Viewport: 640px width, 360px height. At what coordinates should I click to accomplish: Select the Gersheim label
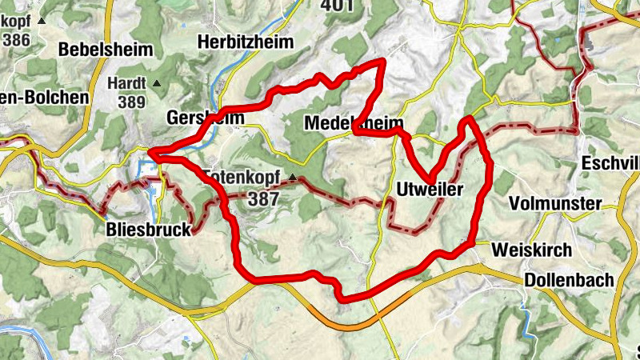pyautogui.click(x=193, y=118)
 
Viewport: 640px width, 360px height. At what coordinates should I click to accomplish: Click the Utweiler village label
pyautogui.click(x=430, y=189)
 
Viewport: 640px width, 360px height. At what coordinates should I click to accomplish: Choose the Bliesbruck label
pyautogui.click(x=149, y=230)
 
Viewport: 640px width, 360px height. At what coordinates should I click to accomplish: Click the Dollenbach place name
pyautogui.click(x=570, y=280)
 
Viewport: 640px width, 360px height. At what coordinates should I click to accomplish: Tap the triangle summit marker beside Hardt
pyautogui.click(x=157, y=82)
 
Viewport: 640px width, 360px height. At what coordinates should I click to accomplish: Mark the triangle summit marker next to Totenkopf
pyautogui.click(x=294, y=178)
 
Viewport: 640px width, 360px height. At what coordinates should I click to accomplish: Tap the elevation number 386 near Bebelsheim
pyautogui.click(x=16, y=38)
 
